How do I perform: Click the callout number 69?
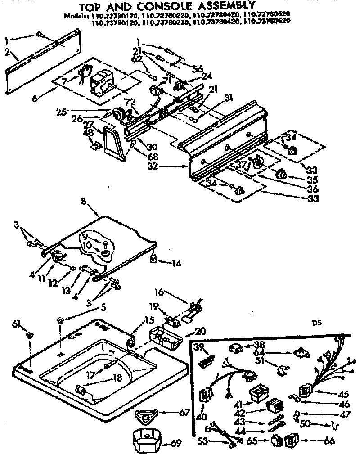176,444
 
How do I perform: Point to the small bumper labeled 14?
154,257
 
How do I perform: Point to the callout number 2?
8,51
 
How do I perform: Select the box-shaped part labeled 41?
258,393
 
